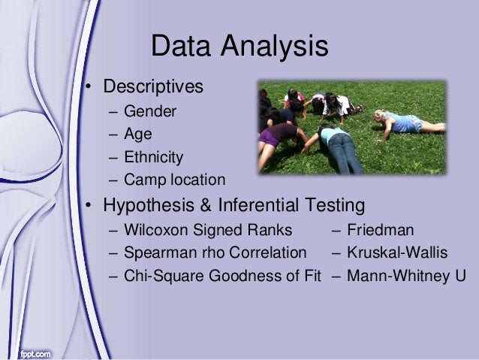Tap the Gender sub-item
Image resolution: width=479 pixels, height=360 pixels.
coord(150,113)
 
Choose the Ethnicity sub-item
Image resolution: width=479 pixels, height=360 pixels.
coord(153,158)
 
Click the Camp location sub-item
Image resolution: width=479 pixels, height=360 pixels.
coord(174,180)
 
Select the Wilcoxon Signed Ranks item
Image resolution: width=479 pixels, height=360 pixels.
coord(208,230)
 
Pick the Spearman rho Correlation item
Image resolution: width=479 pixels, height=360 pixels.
coord(215,252)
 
